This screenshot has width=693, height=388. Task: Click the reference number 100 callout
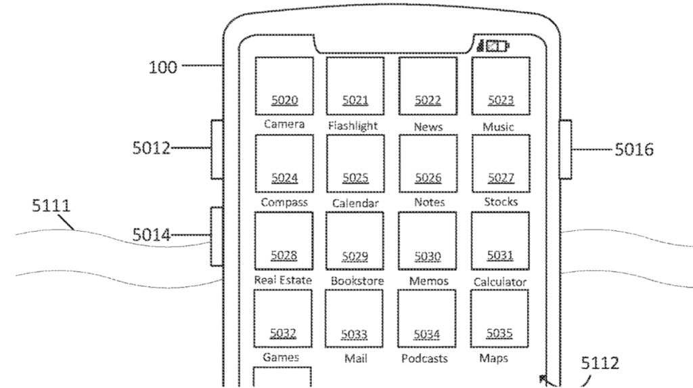163,67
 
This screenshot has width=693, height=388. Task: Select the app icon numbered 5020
284,87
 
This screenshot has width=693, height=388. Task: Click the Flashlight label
353,126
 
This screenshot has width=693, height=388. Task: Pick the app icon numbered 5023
501,87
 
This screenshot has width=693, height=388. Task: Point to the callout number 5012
151,148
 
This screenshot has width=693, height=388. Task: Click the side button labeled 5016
566,149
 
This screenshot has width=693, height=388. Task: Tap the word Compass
284,202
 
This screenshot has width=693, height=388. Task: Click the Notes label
428,202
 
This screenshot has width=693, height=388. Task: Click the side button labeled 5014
217,236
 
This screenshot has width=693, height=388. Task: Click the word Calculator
500,281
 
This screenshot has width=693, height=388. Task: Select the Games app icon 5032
283,319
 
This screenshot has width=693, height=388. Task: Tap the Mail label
356,359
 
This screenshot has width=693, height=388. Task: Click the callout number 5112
600,364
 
